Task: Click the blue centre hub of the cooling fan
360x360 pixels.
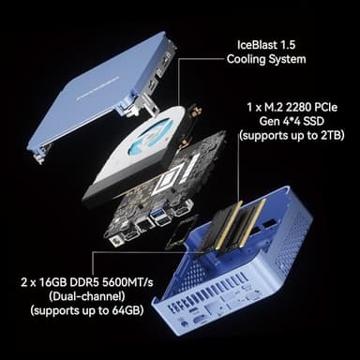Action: (x=150, y=136)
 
